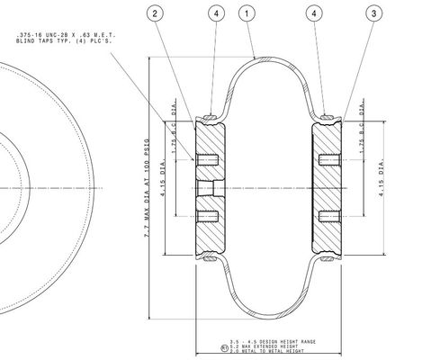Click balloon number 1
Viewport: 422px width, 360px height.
(x=248, y=13)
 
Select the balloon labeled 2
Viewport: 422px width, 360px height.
(x=157, y=13)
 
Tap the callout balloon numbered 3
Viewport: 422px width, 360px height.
(x=373, y=13)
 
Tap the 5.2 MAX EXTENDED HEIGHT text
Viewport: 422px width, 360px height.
(x=266, y=346)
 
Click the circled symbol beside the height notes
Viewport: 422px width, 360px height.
(x=224, y=346)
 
